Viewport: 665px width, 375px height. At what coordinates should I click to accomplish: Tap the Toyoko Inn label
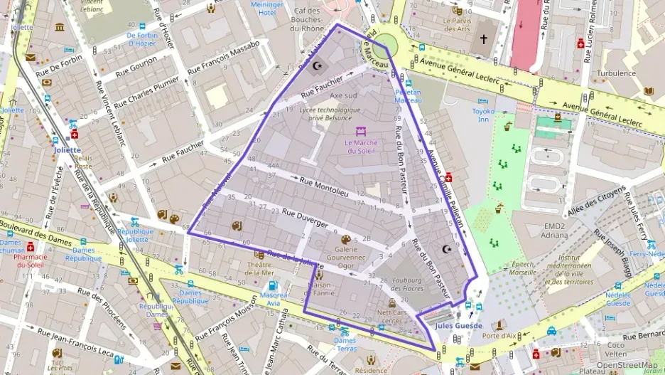483,115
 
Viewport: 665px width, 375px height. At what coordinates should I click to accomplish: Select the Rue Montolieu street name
325,187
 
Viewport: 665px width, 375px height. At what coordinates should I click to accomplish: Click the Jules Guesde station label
458,326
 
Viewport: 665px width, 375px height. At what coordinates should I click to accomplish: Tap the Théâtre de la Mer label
259,268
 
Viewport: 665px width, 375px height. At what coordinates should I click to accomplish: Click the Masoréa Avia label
274,298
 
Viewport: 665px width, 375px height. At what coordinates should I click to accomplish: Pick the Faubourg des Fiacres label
408,283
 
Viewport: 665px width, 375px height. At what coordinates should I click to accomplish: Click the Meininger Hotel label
267,9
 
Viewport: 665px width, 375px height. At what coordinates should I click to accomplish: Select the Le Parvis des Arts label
457,24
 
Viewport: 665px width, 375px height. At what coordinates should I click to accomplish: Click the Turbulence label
616,73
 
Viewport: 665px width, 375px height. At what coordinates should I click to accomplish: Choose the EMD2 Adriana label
554,230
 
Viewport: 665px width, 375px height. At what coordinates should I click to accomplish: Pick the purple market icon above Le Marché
361,132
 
